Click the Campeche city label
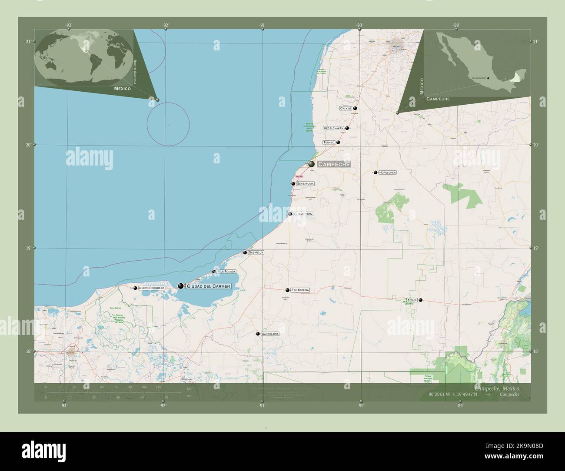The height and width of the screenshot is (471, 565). [x=333, y=164]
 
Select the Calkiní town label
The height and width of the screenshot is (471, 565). [x=346, y=108]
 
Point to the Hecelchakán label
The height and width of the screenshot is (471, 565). [x=333, y=128]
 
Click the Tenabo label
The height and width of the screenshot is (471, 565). [x=329, y=143]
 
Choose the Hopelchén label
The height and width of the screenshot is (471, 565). [x=387, y=172]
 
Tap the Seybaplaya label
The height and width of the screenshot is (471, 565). [x=305, y=184]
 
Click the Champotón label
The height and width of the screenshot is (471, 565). [x=303, y=214]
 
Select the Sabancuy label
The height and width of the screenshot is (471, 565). [x=256, y=252]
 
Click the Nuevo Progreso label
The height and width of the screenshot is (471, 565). [x=152, y=288]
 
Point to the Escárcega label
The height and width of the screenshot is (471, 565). [x=300, y=290]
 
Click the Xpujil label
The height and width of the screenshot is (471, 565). [x=411, y=300]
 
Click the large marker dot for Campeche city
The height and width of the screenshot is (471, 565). [x=312, y=164]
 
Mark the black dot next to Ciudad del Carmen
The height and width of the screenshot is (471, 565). [x=181, y=286]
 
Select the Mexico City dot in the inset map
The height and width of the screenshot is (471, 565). [x=488, y=78]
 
